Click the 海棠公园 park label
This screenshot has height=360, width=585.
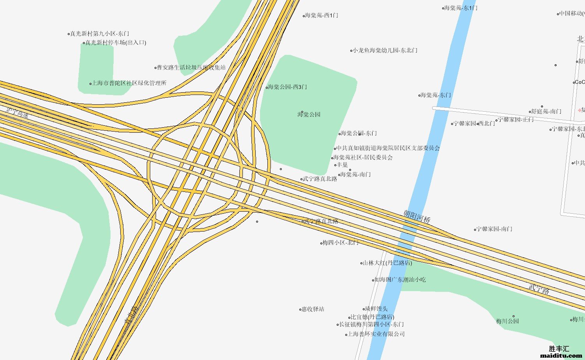309,114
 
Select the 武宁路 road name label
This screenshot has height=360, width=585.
539,289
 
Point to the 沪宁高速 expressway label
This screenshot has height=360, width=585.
18,113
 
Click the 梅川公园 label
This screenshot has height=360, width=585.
508,321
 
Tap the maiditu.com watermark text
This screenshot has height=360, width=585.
561,355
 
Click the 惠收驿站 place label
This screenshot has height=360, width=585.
313,309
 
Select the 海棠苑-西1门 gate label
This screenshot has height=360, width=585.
321,15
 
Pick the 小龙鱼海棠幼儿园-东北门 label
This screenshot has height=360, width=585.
385,50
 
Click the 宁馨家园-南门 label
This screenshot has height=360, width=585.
495,229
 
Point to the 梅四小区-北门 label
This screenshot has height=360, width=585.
341,242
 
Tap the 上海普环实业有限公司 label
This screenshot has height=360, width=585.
376,334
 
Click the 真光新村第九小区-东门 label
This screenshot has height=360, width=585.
100,33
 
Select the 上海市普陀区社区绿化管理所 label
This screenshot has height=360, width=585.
129,83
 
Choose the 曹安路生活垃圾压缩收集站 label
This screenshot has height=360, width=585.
191,67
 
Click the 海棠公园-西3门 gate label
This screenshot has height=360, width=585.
287,87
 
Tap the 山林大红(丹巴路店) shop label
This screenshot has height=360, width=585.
387,263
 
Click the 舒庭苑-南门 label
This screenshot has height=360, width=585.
546,111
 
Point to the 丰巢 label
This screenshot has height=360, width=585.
343,165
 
